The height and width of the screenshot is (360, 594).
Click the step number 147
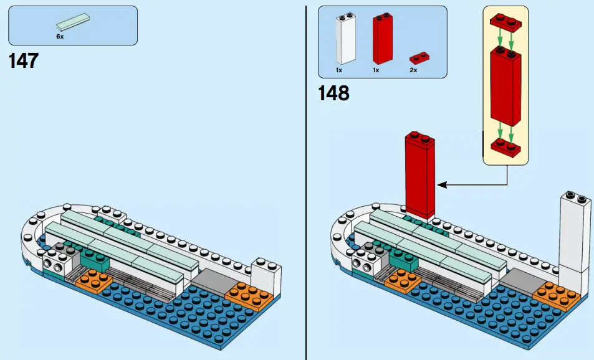24,61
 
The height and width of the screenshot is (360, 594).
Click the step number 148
333,93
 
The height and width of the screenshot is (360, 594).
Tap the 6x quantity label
60,37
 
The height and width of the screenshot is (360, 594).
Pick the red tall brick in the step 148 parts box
385,39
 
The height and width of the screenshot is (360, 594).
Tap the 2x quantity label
413,70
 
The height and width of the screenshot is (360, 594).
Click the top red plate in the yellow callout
506,21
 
